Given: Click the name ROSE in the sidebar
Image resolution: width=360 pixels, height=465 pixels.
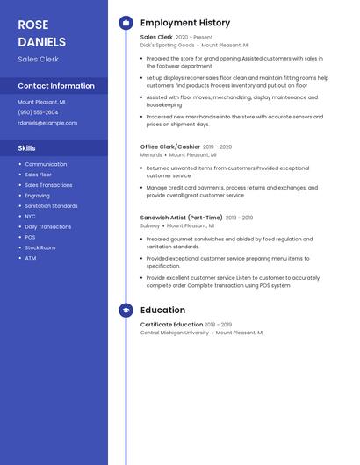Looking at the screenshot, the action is (33, 25).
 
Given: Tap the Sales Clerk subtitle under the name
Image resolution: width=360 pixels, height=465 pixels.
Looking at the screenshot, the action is (38, 59).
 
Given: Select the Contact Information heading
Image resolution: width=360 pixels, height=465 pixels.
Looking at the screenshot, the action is (56, 86).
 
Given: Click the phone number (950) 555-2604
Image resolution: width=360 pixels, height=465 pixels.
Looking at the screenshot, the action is (38, 112).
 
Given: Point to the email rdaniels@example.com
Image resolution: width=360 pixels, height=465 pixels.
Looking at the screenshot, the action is (47, 123).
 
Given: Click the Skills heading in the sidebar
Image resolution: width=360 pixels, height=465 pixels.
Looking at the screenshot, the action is (26, 148).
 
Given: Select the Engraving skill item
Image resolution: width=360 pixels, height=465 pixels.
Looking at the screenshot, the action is (37, 196).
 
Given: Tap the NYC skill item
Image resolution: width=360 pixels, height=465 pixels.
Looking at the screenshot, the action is (30, 216).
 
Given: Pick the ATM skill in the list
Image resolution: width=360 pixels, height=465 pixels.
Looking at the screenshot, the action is (30, 258).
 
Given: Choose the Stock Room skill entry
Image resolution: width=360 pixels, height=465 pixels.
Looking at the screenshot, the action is (40, 247).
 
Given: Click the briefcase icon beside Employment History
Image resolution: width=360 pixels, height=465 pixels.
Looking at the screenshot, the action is (126, 23).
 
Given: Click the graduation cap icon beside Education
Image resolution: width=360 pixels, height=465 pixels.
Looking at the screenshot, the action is (126, 310).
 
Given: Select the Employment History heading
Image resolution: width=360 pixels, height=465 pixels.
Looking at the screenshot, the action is (184, 23).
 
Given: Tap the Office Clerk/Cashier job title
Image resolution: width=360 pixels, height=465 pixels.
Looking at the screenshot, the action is (169, 147).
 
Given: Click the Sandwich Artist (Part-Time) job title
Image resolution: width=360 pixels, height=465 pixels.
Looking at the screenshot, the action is (181, 218).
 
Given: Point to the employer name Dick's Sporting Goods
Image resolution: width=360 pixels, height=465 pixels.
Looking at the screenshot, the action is (167, 45).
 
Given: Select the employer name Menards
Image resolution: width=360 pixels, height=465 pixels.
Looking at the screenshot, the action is (151, 154).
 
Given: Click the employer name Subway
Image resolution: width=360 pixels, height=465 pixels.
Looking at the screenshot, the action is (150, 225).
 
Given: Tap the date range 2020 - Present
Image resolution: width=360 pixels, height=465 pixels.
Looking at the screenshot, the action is (194, 38).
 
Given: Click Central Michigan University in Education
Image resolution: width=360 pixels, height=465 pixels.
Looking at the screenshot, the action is (175, 333).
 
